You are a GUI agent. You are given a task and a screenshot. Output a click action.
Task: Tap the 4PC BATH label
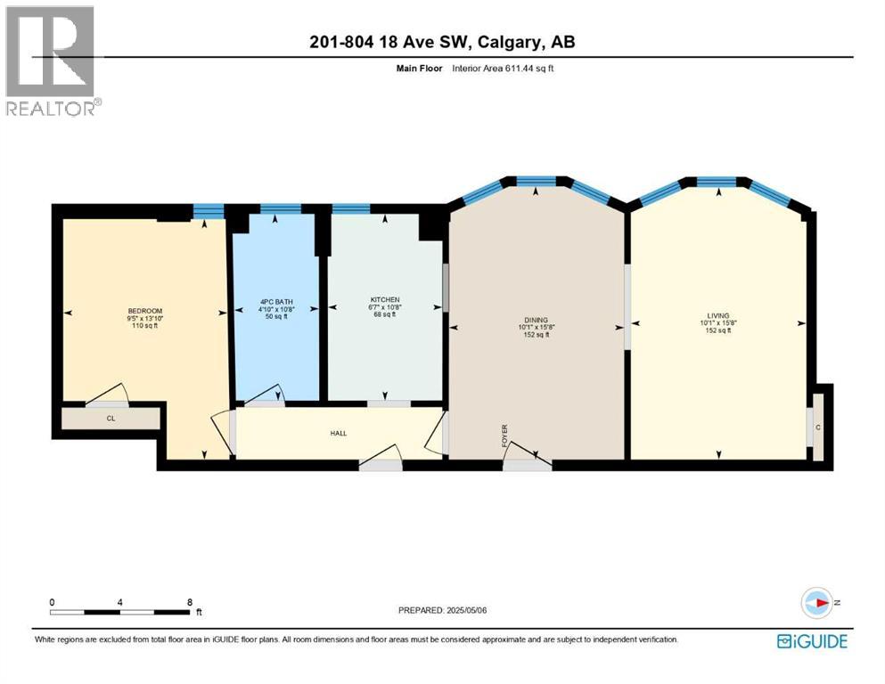[x=276, y=301]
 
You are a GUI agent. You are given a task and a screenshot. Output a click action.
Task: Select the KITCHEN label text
[x=385, y=299]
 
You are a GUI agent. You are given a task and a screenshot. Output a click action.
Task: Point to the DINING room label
[x=536, y=320]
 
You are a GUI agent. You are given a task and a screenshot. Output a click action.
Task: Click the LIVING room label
[x=717, y=315]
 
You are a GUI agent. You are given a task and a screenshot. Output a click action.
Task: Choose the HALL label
[x=338, y=433]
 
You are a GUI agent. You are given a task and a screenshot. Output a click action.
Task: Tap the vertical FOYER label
[x=504, y=436]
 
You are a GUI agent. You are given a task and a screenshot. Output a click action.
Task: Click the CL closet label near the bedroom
[x=111, y=417]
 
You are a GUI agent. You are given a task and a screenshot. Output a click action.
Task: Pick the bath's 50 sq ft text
[x=276, y=317]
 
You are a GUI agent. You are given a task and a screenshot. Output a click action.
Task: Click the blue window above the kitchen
[x=350, y=209]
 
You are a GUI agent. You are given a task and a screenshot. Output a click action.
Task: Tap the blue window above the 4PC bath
[x=281, y=209]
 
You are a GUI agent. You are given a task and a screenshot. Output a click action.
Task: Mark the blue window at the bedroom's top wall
[x=209, y=211]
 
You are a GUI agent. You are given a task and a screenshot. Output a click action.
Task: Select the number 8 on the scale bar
[x=190, y=602]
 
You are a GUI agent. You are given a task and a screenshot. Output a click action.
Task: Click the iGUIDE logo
[x=812, y=640]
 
